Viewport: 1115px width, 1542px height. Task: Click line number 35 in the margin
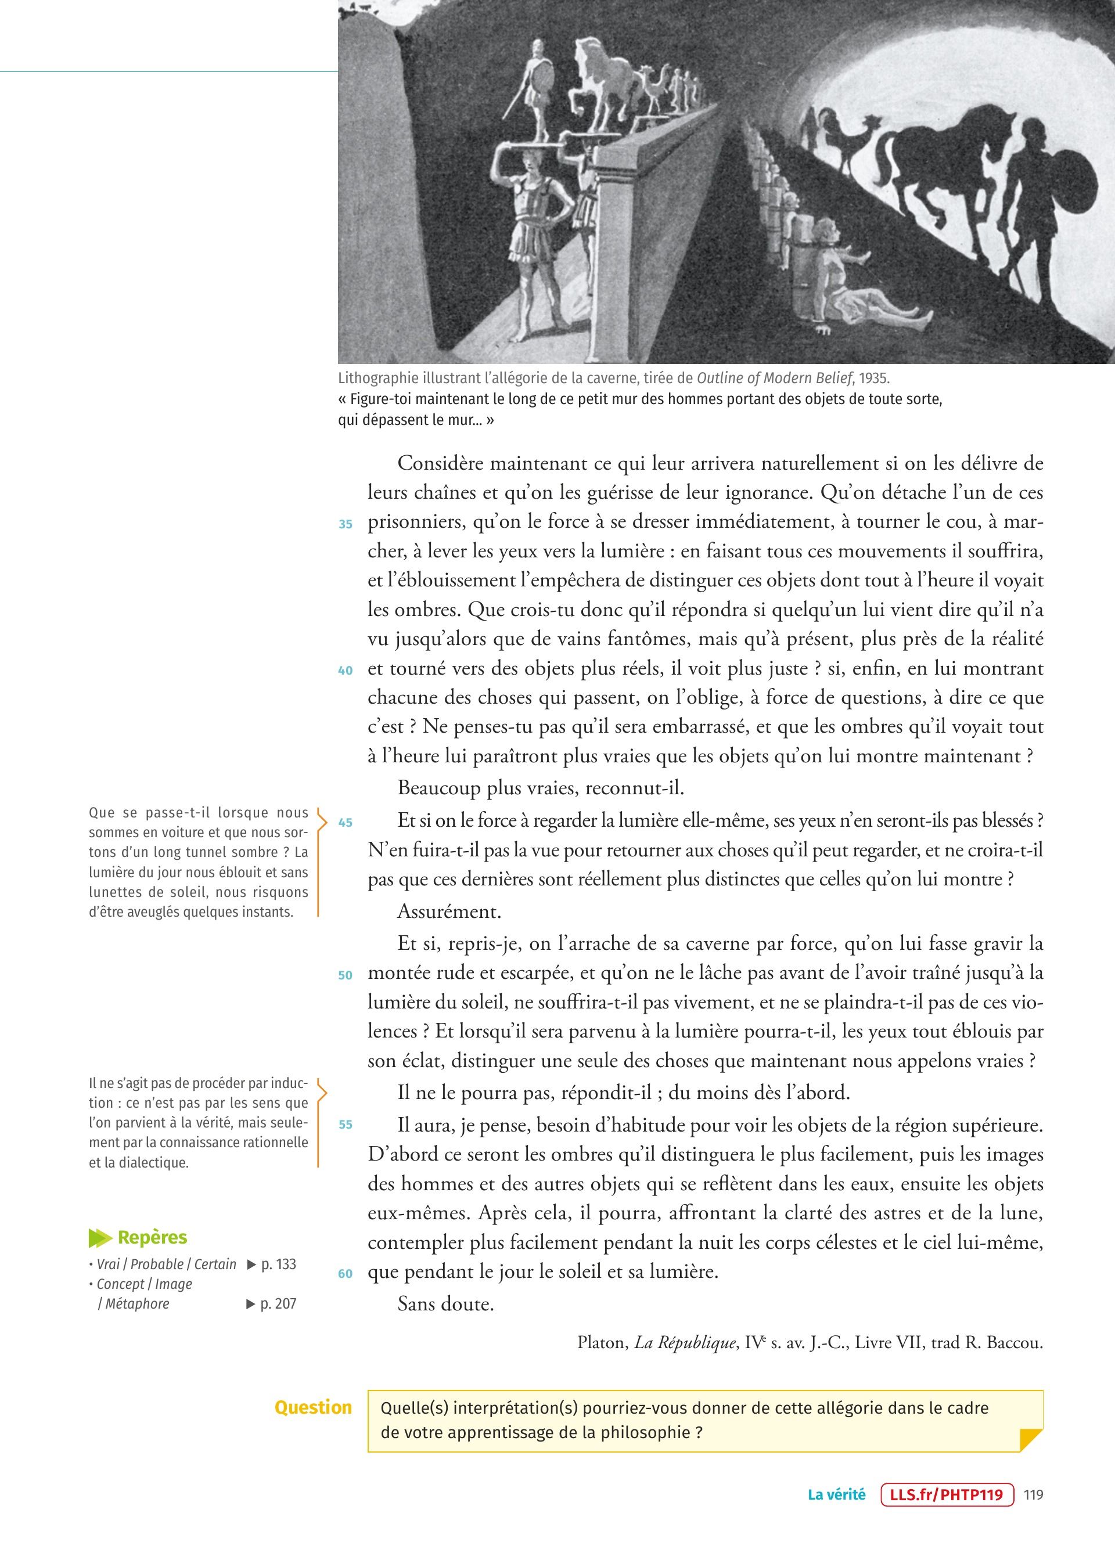pos(346,524)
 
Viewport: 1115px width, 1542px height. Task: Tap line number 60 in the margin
pos(346,1273)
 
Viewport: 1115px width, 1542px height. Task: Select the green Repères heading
pos(152,1237)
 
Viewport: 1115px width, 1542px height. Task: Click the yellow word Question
pos(313,1407)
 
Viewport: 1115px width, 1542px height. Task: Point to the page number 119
pos(1033,1494)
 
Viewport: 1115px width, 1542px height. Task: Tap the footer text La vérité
pos(836,1494)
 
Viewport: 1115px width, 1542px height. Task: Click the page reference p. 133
pos(278,1264)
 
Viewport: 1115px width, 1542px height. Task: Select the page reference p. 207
pos(278,1303)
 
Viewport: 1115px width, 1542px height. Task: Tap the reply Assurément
pos(449,911)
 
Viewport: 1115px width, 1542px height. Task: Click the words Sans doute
pos(445,1304)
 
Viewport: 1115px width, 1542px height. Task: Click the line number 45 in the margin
pos(346,822)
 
